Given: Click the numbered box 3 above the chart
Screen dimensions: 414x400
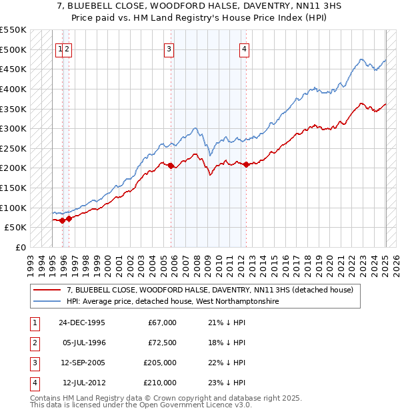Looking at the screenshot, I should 169,49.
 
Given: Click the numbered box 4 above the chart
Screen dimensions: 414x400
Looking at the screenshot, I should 245,49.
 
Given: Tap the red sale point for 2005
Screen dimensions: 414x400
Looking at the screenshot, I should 171,166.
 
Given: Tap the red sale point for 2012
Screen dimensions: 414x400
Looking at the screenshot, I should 246,164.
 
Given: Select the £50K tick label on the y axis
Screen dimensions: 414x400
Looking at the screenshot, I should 15,228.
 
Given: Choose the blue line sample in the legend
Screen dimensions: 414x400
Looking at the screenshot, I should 47,302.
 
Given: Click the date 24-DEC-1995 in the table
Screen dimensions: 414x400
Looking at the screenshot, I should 81,323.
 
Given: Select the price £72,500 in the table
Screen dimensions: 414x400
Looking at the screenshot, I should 162,343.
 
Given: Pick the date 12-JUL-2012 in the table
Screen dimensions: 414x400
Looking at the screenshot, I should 83,383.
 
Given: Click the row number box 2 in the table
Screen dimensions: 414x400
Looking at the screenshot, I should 33,343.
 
